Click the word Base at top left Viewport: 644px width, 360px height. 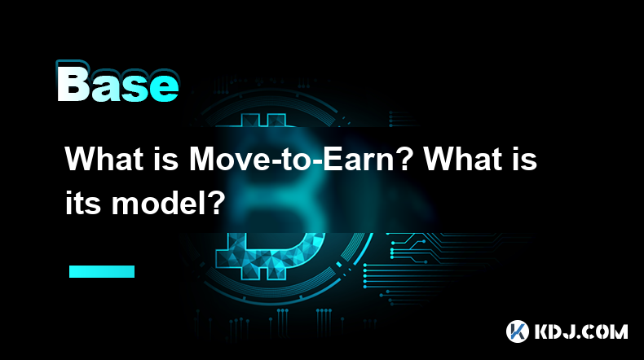[118, 83]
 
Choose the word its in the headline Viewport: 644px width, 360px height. [82, 203]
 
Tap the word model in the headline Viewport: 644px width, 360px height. [160, 203]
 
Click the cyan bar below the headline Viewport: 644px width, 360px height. [102, 271]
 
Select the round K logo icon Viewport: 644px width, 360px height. [518, 331]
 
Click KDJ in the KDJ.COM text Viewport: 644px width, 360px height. [558, 331]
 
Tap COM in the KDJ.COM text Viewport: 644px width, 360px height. [608, 331]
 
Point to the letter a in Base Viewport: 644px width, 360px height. [106, 87]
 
